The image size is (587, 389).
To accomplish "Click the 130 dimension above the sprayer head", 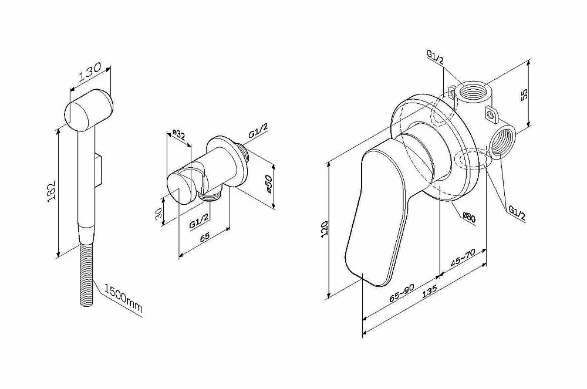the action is point(90,73).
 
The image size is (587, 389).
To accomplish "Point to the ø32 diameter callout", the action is point(178,134).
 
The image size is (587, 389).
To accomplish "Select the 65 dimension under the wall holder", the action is point(205,237).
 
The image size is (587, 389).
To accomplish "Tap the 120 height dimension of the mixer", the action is point(324,228).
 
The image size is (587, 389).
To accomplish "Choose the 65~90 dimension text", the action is point(402,293).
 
